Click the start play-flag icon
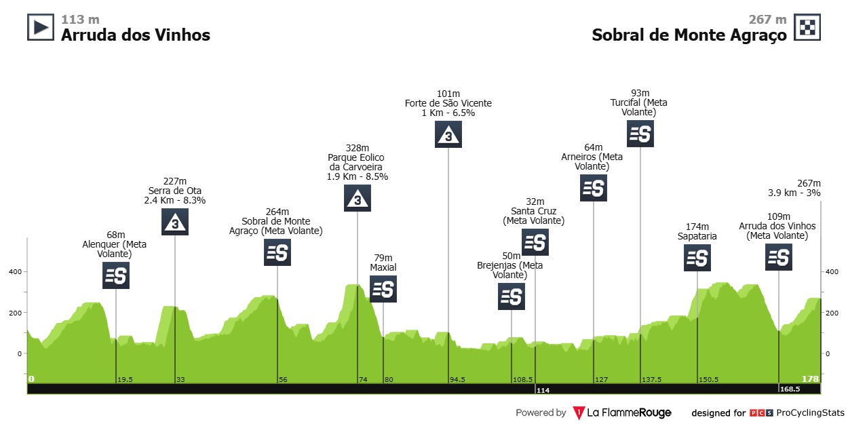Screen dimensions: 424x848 (40, 27)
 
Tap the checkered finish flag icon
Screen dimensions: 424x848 (807, 27)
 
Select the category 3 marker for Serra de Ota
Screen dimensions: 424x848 (175, 222)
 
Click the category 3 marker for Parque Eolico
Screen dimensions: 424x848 (358, 198)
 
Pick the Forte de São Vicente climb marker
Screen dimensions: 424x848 (448, 134)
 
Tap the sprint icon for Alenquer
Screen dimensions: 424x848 (116, 275)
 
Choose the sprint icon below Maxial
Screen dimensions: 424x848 (383, 289)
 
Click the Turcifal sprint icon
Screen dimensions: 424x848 (640, 134)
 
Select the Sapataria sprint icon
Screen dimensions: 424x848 (697, 258)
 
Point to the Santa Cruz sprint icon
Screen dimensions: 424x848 (535, 242)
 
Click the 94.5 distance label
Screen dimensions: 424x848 (457, 379)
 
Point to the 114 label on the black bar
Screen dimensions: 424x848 (542, 390)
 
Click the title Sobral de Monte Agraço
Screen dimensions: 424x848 (689, 35)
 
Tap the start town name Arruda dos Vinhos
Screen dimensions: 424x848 (136, 35)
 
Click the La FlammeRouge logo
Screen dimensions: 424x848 (622, 412)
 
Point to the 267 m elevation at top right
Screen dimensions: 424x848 (767, 20)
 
